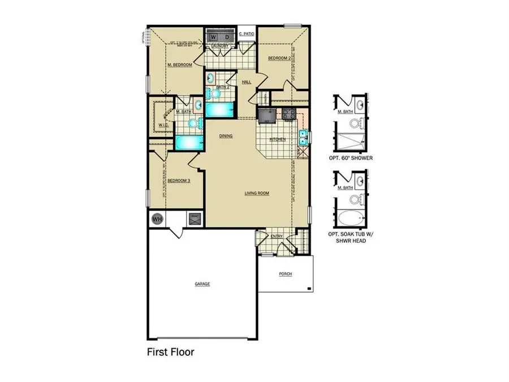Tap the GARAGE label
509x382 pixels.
tap(202, 284)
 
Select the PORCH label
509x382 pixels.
tap(286, 274)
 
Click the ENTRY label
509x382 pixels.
tap(277, 237)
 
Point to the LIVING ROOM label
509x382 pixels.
tap(256, 194)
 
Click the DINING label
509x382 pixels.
tap(226, 136)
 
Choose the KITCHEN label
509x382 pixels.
tap(277, 139)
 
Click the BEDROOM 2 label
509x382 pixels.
tap(279, 58)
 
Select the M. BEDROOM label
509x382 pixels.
tap(180, 65)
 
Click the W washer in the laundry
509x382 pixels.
tap(214, 37)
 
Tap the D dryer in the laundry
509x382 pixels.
tap(227, 37)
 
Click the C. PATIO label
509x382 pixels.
tap(247, 35)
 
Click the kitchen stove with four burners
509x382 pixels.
tap(288, 114)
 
